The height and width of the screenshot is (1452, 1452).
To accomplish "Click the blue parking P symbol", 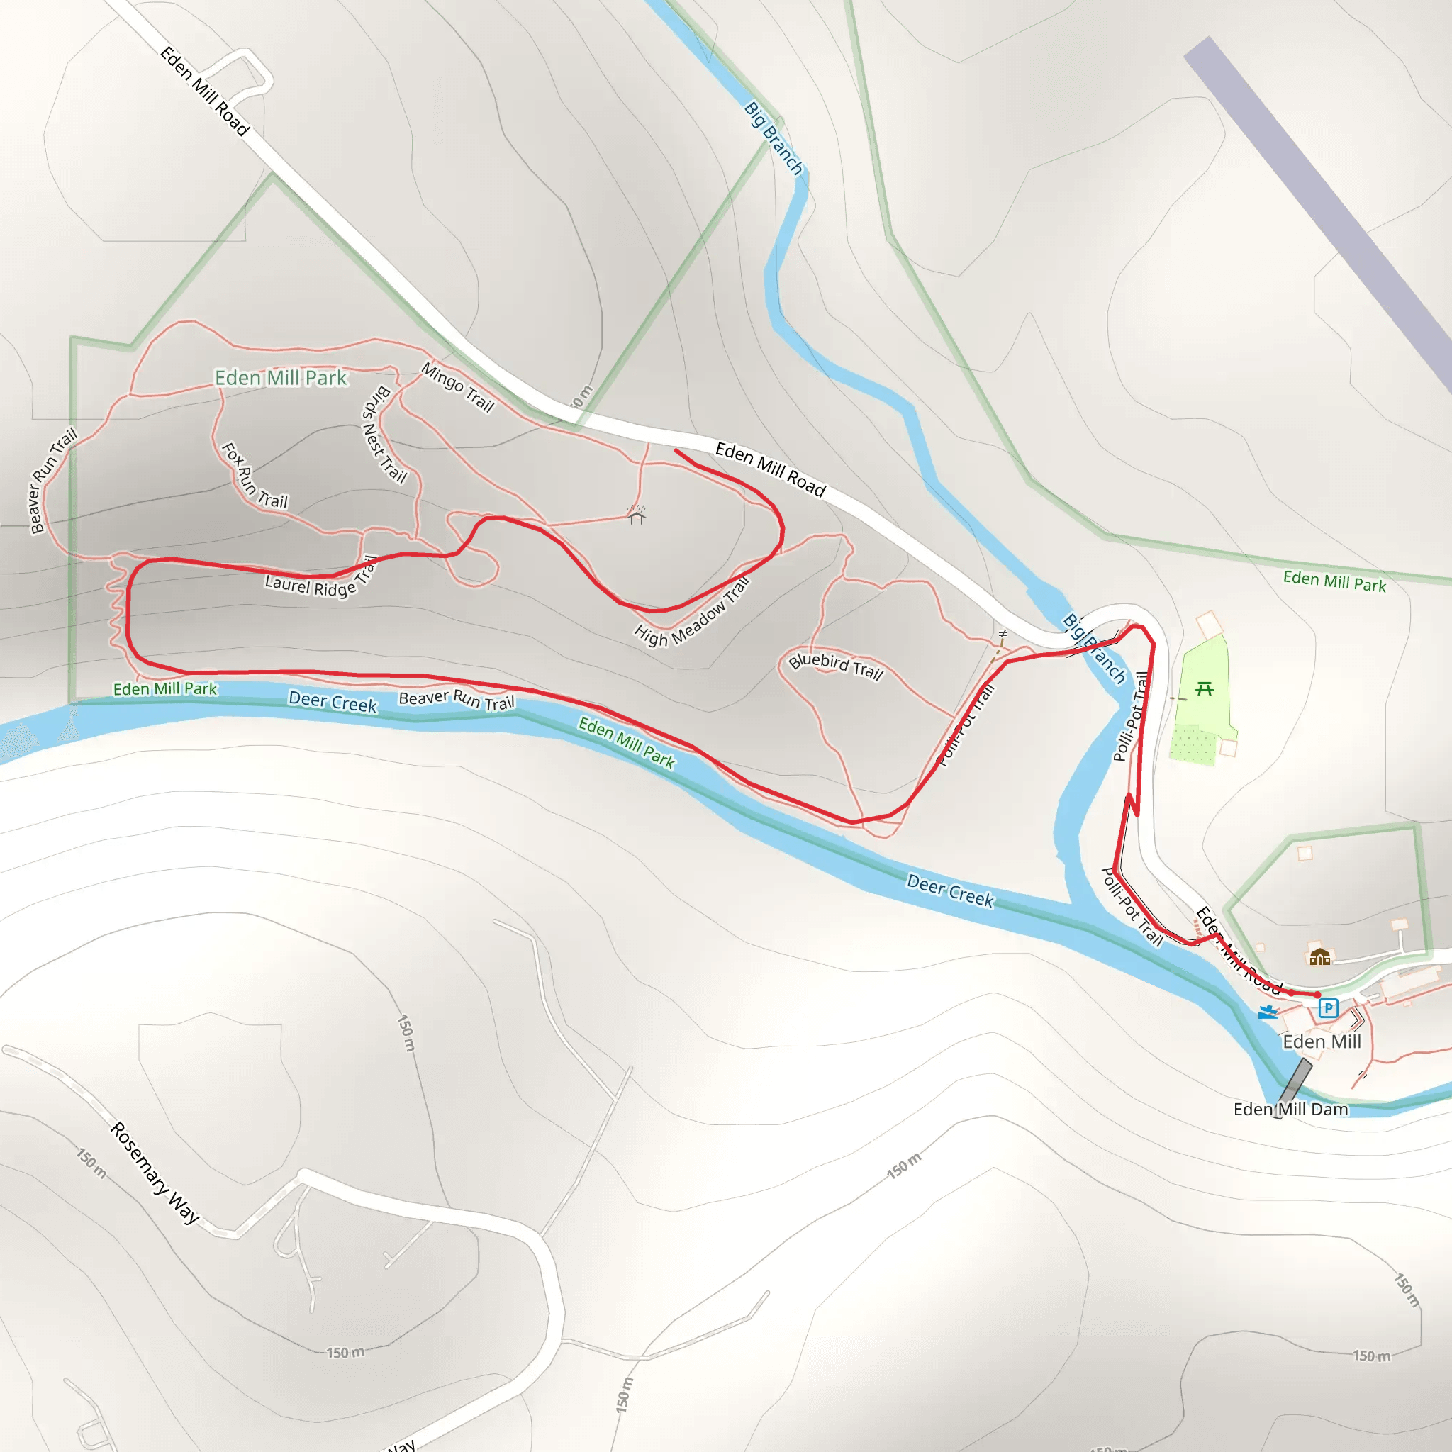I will click(1328, 1008).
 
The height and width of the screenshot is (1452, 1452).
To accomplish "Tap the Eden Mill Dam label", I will click(1290, 1110).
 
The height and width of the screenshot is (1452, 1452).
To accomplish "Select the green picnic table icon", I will click(1204, 688).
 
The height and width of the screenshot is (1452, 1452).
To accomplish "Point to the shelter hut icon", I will click(637, 515).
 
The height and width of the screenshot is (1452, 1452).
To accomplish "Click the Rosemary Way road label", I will click(155, 1173).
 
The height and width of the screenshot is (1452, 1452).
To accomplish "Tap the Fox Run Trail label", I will click(255, 476).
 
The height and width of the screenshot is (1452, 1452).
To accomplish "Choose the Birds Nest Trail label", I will click(384, 435).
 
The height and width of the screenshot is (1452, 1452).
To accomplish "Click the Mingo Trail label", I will click(458, 387).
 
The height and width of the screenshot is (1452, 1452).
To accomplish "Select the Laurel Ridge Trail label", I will click(320, 579).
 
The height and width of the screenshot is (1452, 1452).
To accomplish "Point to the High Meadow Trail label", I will click(692, 613).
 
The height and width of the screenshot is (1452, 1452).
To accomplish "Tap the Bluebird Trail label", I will click(835, 665).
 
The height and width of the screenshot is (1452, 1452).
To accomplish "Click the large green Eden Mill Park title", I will click(281, 377).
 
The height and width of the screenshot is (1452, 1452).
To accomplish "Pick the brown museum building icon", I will click(1319, 956).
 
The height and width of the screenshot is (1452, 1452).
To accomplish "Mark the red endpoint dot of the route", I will click(1317, 994).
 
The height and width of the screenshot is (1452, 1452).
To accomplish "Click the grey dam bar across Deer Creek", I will click(1294, 1086).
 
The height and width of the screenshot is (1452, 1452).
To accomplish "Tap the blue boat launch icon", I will click(1268, 1012).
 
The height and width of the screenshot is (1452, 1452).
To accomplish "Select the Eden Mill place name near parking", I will click(1322, 1041).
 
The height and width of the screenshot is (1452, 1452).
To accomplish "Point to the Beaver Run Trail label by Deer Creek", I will click(456, 700).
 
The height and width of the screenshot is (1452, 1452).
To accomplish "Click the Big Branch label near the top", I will click(774, 138).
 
